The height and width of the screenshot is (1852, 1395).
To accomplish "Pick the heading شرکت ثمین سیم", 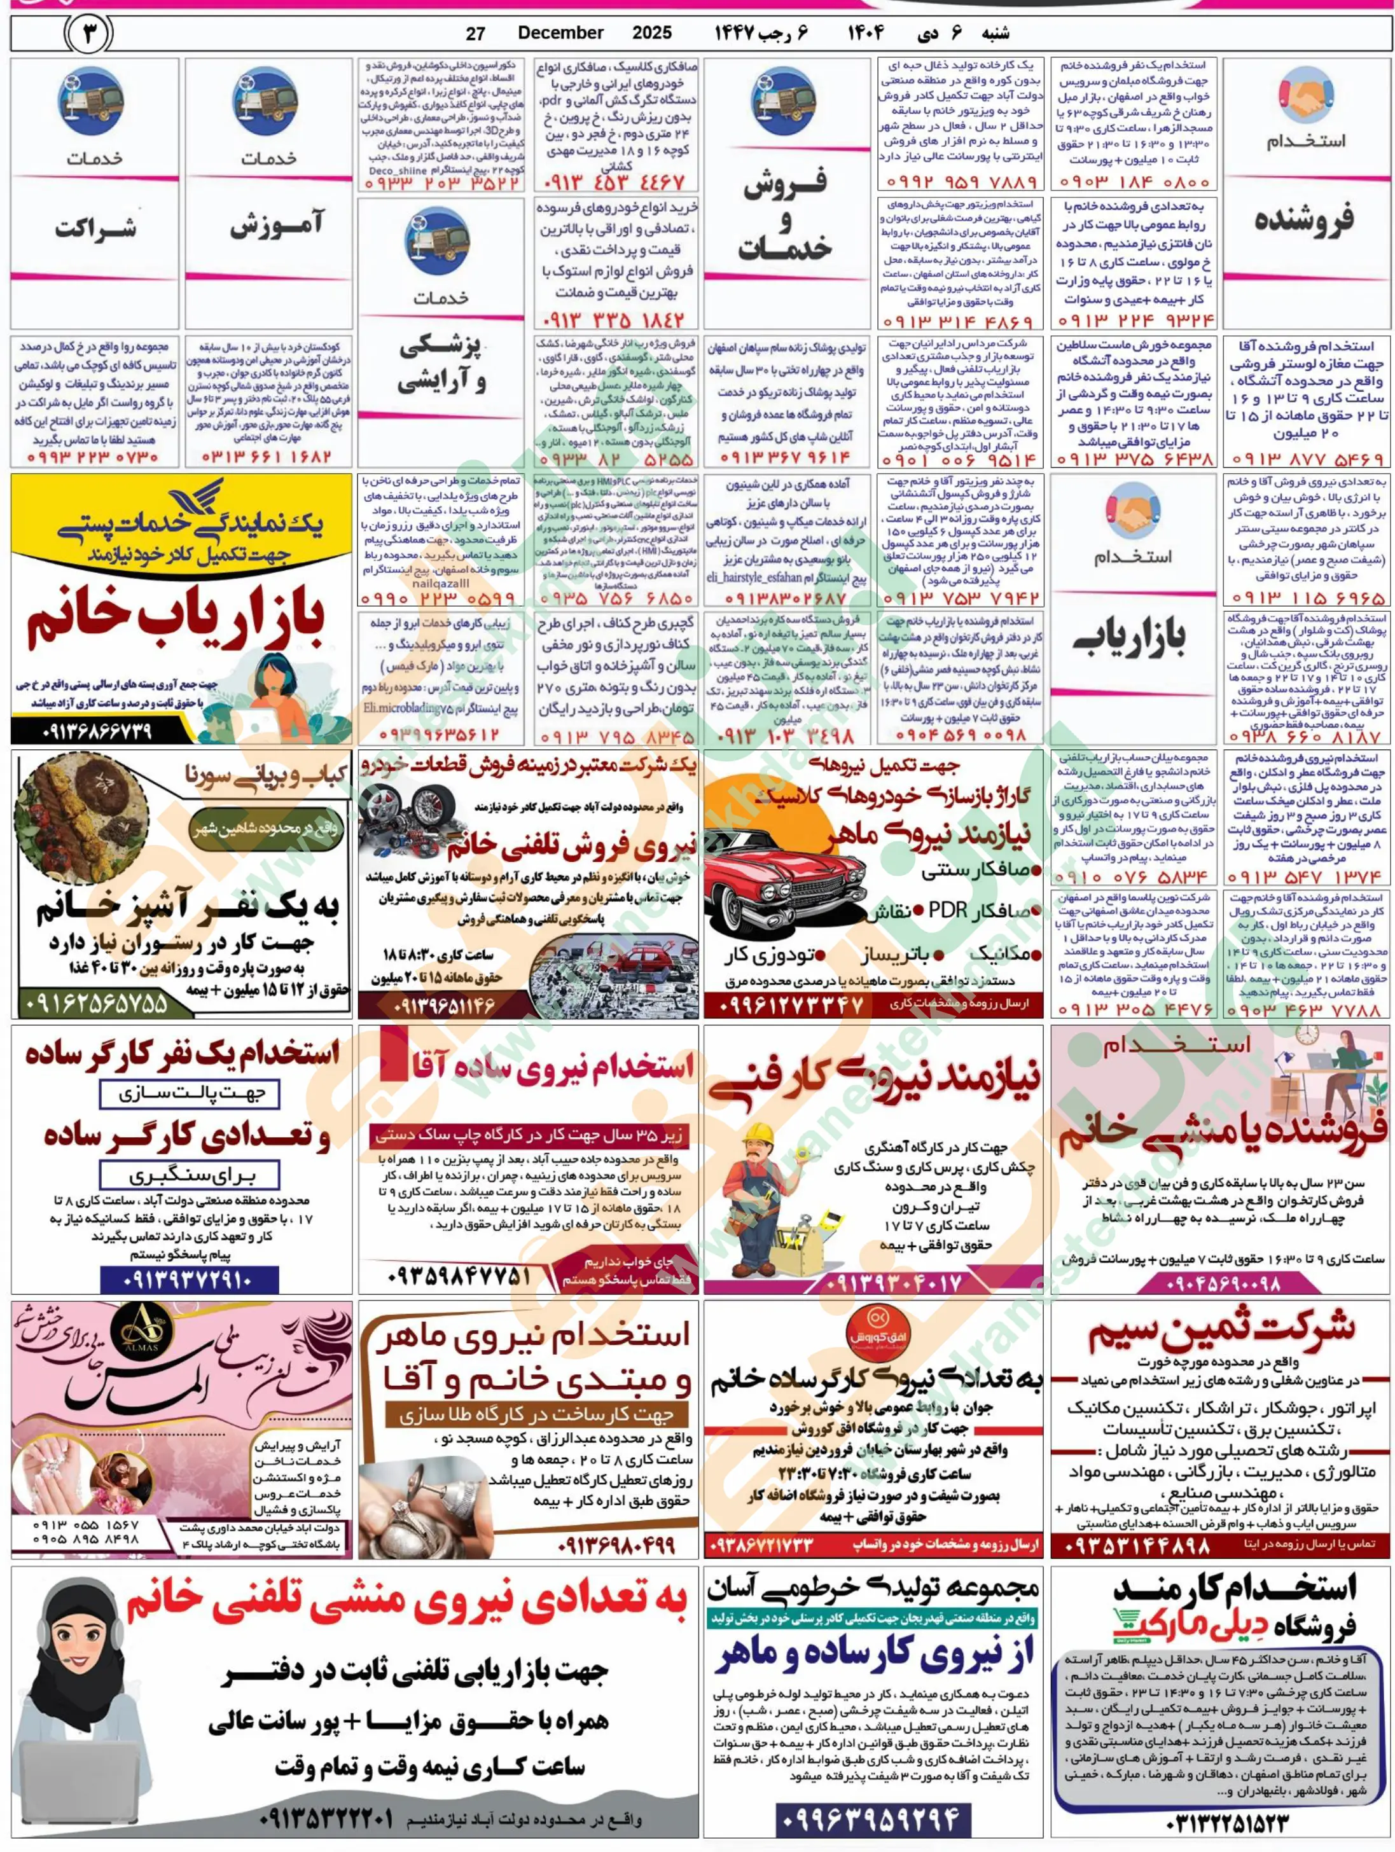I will click(1221, 1333).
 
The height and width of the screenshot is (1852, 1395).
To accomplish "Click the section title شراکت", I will click(95, 228).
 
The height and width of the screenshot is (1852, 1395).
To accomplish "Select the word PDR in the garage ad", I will click(948, 911).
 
